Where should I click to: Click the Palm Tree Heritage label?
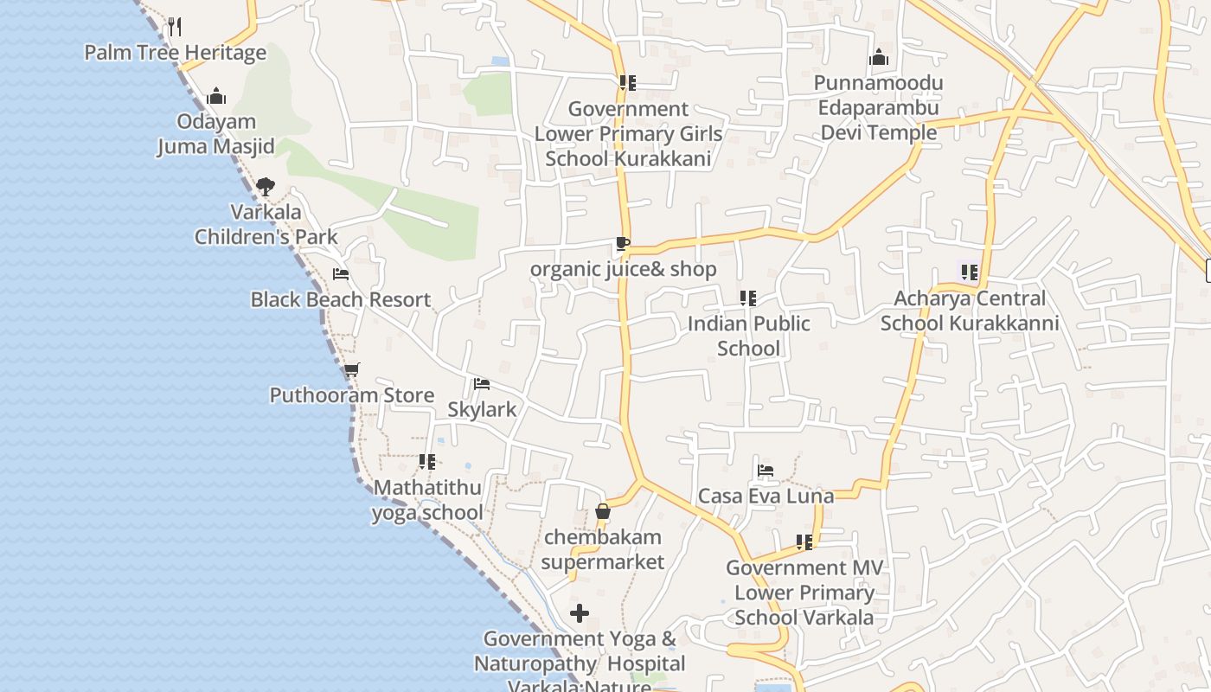click(175, 53)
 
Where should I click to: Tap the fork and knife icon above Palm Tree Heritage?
click(175, 26)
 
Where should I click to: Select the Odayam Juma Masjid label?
click(216, 134)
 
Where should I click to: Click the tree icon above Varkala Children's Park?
click(266, 186)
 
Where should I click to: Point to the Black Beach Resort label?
click(340, 300)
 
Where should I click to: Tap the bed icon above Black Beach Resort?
click(341, 274)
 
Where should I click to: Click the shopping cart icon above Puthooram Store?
click(351, 370)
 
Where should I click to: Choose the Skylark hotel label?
click(482, 409)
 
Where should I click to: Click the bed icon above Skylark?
click(482, 384)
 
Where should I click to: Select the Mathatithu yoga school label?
click(427, 500)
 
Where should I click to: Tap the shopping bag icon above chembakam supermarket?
click(603, 512)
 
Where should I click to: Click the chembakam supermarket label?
click(603, 549)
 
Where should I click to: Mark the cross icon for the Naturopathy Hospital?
click(580, 614)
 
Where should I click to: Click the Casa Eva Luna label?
click(766, 497)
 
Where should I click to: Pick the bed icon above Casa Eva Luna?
click(766, 471)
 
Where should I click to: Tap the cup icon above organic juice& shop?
click(623, 244)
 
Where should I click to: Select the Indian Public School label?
click(749, 336)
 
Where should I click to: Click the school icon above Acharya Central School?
click(969, 272)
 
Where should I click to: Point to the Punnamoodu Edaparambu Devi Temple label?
click(880, 108)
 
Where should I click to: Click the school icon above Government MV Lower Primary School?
click(804, 542)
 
